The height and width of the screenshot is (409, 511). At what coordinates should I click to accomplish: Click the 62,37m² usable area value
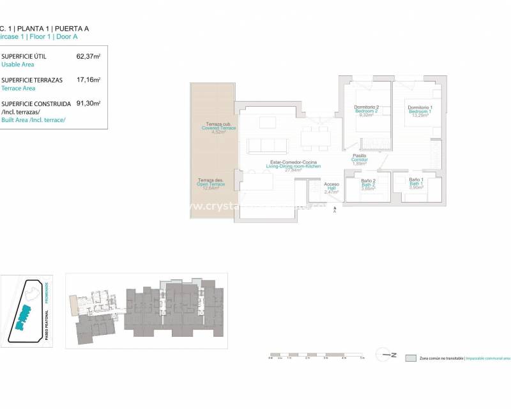[x=88, y=57]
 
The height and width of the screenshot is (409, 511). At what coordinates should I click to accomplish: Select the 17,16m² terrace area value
[x=88, y=80]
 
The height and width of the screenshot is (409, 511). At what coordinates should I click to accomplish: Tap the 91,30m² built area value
[x=88, y=103]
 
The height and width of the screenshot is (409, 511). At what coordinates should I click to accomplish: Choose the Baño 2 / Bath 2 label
[x=368, y=185]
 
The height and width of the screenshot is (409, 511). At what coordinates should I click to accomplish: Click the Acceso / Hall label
[x=332, y=188]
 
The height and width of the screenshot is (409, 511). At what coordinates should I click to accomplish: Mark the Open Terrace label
[x=211, y=184]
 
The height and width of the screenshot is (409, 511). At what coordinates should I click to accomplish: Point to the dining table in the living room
[x=314, y=136]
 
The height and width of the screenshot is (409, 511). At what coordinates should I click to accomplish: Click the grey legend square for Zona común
[x=411, y=359]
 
